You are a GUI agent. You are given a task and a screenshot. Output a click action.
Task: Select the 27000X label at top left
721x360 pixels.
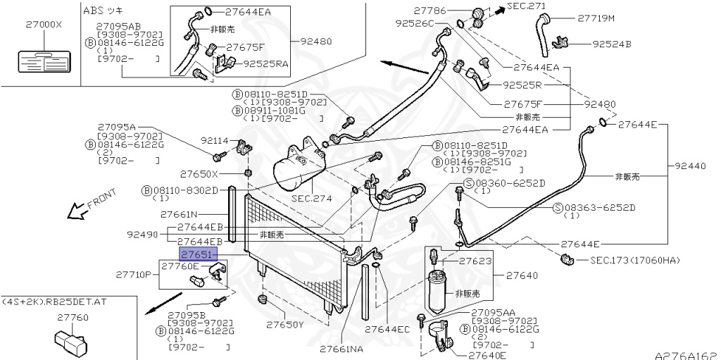pyautogui.click(x=44, y=23)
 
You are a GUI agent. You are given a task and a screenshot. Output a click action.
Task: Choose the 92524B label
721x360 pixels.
pyautogui.click(x=611, y=44)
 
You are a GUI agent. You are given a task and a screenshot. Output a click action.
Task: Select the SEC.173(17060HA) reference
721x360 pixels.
pyautogui.click(x=635, y=261)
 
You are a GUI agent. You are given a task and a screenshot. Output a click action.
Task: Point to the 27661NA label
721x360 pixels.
pyautogui.click(x=341, y=349)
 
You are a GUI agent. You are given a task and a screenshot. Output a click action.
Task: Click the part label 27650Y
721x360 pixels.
pyautogui.click(x=284, y=325)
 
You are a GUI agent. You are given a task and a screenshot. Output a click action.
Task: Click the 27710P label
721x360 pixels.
pyautogui.click(x=134, y=273)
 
